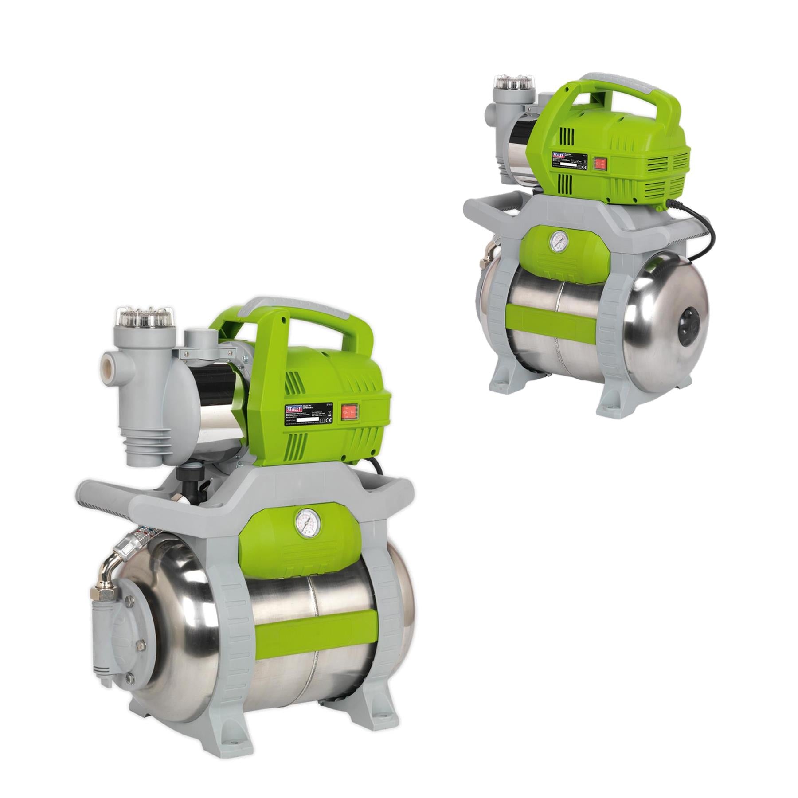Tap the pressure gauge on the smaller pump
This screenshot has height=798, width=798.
click(x=555, y=241)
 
